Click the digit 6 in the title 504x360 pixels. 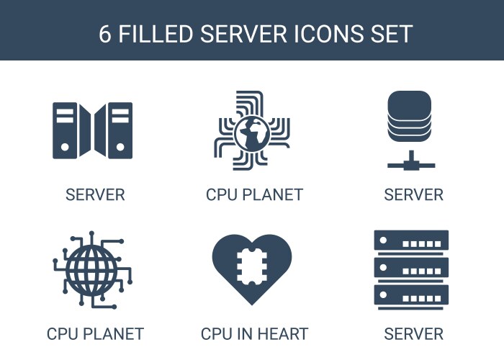click(105, 34)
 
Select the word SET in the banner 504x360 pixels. click(392, 34)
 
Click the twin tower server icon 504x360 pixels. click(93, 130)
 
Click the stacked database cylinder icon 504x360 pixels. click(409, 117)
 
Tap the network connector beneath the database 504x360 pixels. click(411, 161)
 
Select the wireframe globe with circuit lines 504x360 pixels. click(92, 270)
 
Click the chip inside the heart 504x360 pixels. click(252, 266)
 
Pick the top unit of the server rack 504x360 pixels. click(411, 240)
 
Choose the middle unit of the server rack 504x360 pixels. click(411, 267)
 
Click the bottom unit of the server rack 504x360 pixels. click(411, 294)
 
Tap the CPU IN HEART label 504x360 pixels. click(254, 334)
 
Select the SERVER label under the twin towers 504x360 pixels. click(95, 195)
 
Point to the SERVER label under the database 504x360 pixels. click(414, 195)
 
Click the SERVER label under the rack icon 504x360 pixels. click(414, 334)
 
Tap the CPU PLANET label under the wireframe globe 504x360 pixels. click(95, 334)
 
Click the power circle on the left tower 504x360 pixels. click(65, 147)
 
